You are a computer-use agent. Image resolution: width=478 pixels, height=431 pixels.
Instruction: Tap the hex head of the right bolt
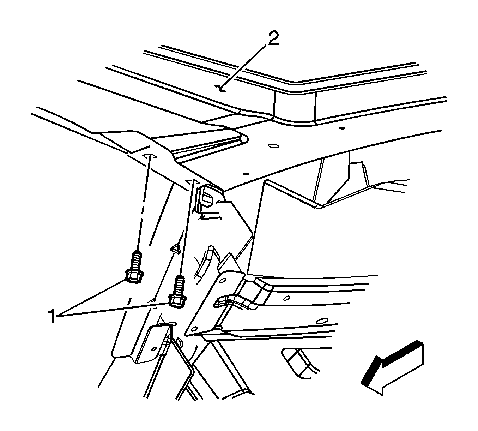click(x=177, y=300)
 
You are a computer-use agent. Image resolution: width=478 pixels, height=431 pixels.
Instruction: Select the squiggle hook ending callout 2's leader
click(x=221, y=89)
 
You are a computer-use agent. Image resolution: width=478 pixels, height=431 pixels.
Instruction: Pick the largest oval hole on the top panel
click(x=273, y=145)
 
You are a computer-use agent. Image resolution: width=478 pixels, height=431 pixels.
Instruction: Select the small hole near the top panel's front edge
click(x=246, y=173)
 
